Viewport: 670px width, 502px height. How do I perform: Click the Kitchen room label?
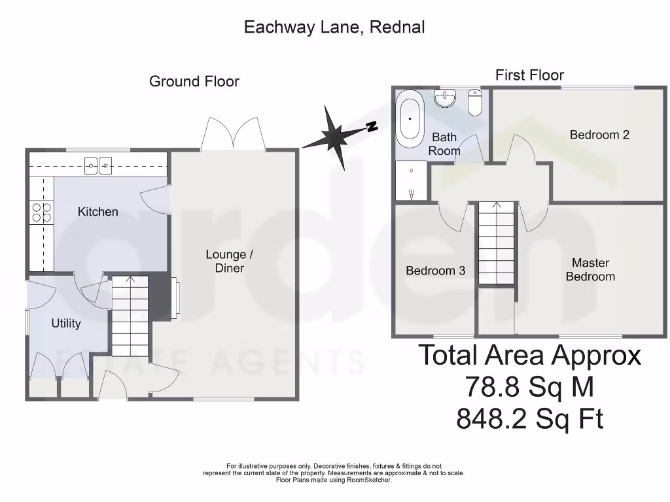coord(98,212)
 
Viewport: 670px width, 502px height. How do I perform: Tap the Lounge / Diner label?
coord(226,261)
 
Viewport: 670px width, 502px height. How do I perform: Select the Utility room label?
coord(66,324)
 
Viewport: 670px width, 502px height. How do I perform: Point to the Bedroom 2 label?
coord(599,135)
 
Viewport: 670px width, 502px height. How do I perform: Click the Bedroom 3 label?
coord(436,271)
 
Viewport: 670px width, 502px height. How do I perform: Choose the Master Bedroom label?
coord(590,269)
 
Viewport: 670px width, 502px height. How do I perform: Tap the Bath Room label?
coord(444,144)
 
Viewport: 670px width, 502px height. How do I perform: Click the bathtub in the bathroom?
coord(411,119)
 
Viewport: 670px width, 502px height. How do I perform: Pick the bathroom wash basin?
coord(446,99)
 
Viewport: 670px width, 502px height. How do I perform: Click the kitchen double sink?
coord(99,166)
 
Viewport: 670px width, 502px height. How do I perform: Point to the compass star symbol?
coord(339,135)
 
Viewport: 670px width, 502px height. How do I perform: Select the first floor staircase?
coord(496,243)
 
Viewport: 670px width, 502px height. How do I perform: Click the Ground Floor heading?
coord(194,82)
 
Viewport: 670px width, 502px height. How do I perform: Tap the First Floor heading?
coord(529,75)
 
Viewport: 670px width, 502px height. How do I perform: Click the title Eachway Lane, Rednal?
coord(334,27)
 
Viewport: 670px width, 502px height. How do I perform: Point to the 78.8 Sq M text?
coord(529,387)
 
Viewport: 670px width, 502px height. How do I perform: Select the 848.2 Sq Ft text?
coord(529,419)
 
